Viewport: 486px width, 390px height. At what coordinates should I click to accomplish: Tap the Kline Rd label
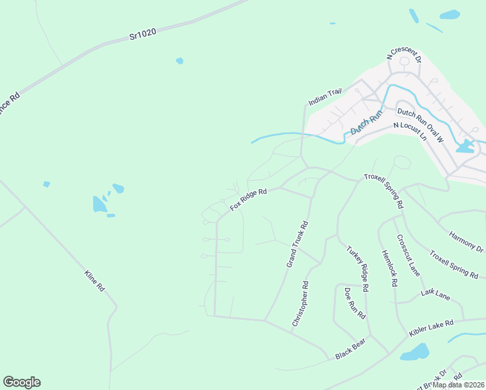94,280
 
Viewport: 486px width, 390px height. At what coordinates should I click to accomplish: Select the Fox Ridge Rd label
248,200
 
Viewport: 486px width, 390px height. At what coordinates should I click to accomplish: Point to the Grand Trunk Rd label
297,244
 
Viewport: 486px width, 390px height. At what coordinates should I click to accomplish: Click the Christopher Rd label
300,304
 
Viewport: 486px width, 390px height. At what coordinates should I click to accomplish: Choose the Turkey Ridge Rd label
357,268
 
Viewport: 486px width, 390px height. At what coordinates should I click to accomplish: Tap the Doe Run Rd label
354,303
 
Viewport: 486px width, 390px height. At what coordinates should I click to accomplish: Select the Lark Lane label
435,295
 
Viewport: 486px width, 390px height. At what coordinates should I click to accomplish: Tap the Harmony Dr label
467,241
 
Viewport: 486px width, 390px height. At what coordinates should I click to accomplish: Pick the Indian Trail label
324,96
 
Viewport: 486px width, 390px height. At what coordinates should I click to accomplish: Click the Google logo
21,382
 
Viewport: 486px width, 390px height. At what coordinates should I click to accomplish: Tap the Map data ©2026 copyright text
458,385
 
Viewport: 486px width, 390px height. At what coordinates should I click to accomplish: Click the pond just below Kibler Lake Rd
415,353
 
